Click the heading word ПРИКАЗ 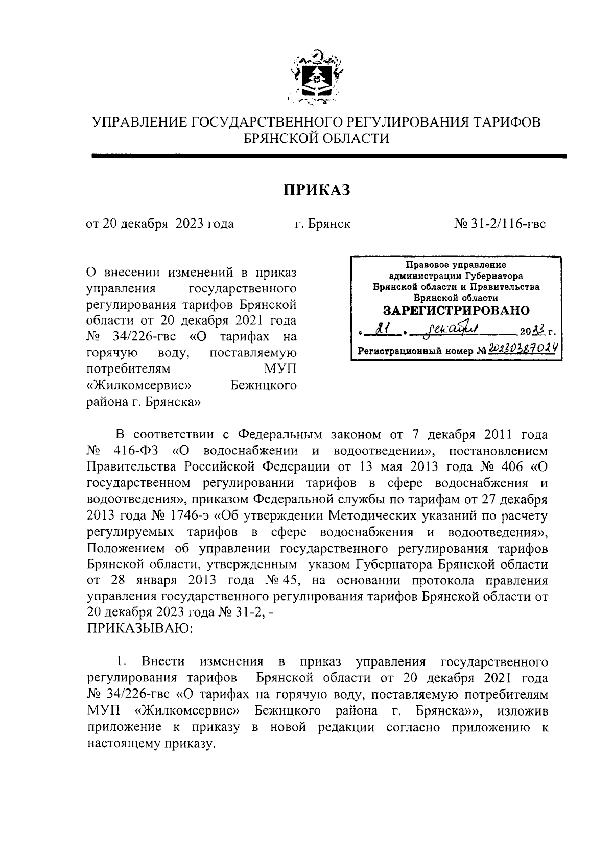pyautogui.click(x=317, y=190)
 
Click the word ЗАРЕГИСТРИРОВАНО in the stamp pyautogui.click(x=456, y=311)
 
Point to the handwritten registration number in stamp pyautogui.click(x=522, y=349)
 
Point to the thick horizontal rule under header pyautogui.click(x=329, y=156)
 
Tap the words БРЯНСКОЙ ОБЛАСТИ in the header pyautogui.click(x=317, y=138)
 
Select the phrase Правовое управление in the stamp pyautogui.click(x=456, y=265)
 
